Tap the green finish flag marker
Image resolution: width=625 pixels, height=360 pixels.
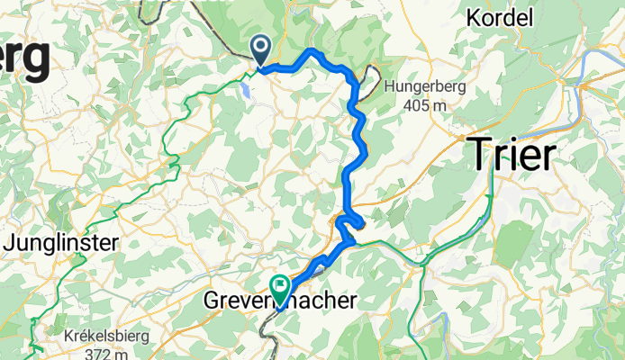tap(281, 289)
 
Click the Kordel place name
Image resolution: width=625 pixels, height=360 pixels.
tap(501, 17)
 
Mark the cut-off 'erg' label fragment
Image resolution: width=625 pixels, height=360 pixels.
tap(24, 58)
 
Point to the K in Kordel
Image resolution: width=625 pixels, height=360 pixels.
tap(475, 17)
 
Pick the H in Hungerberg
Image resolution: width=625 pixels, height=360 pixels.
tap(389, 87)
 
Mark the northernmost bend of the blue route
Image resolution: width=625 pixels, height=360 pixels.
tap(312, 50)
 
